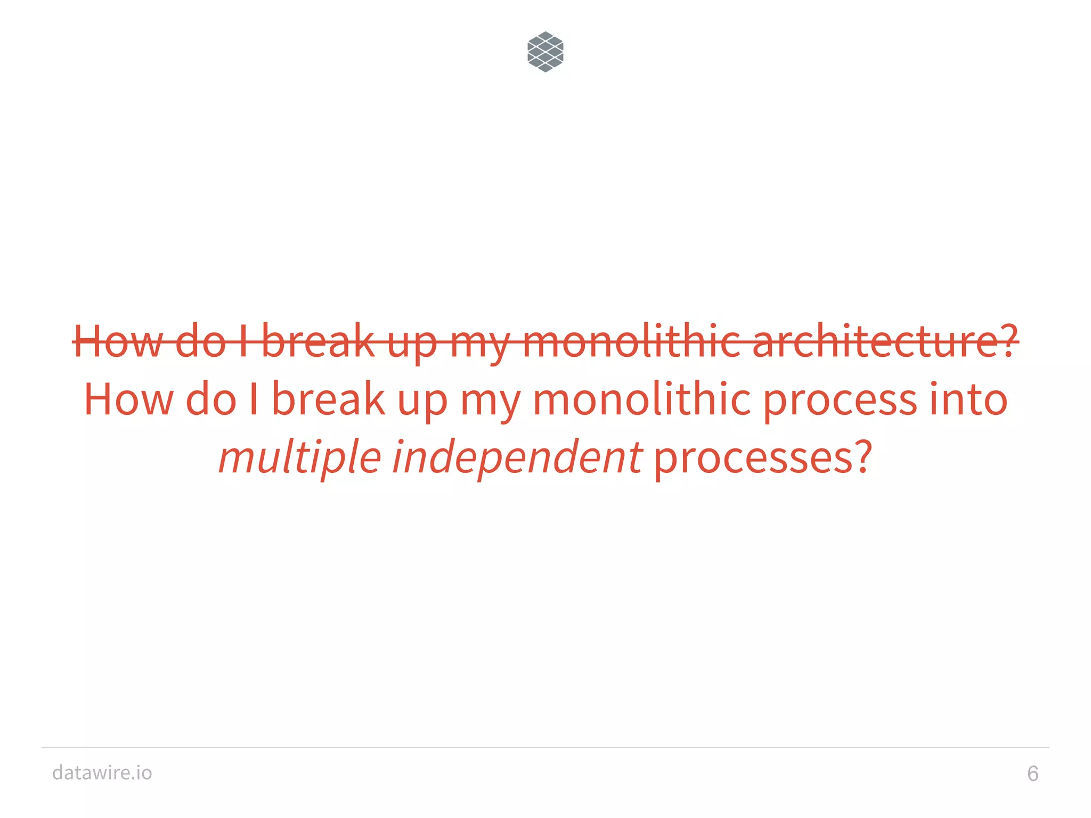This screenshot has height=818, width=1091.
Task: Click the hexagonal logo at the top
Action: tap(545, 52)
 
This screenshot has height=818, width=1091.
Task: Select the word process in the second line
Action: tap(840, 400)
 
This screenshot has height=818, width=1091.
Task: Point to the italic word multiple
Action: tap(300, 458)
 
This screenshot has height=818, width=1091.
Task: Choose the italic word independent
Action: tap(517, 458)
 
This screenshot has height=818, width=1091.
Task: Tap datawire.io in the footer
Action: tap(102, 772)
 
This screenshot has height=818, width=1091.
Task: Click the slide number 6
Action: tap(1032, 773)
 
